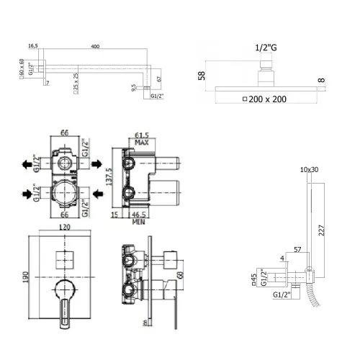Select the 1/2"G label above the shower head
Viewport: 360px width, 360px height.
(266, 48)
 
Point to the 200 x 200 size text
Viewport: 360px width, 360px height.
(274, 99)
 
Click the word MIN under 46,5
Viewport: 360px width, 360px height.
(140, 221)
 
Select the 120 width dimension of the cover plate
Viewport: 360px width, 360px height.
(66, 226)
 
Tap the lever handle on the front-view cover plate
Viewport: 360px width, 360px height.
(66, 302)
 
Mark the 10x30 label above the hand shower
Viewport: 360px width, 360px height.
(307, 169)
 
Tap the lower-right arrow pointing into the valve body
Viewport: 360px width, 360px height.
(95, 193)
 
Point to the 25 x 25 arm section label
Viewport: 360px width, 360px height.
(76, 89)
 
